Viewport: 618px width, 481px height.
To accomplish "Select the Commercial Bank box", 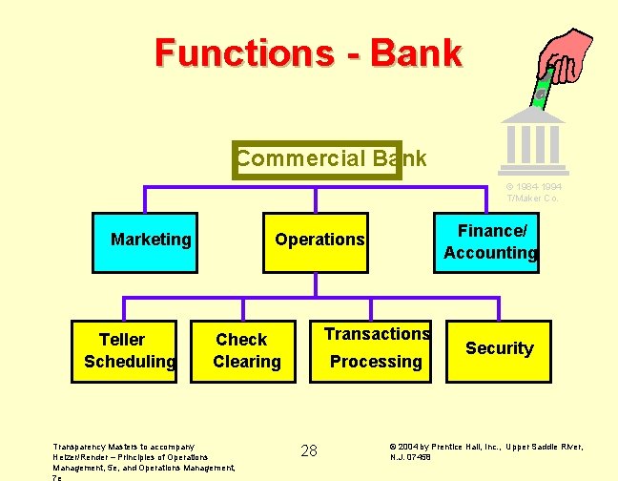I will coord(317,159).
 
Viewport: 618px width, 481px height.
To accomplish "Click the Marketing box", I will coord(151,240).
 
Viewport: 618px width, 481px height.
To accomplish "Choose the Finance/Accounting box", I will coord(490,241).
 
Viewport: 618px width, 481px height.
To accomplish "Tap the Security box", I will coord(499,348).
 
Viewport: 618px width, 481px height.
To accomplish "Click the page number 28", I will coord(309,450).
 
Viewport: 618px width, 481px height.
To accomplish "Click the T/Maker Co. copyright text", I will coord(532,192).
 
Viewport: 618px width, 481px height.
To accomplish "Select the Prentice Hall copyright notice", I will coord(486,451).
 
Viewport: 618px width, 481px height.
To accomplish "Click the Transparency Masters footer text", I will coord(143,457).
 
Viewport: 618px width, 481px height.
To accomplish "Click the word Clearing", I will coord(247,362).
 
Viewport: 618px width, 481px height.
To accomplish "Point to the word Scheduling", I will coord(130,362).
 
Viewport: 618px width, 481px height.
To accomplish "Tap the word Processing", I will coord(376,362).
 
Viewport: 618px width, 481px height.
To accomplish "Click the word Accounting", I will coord(490,253).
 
